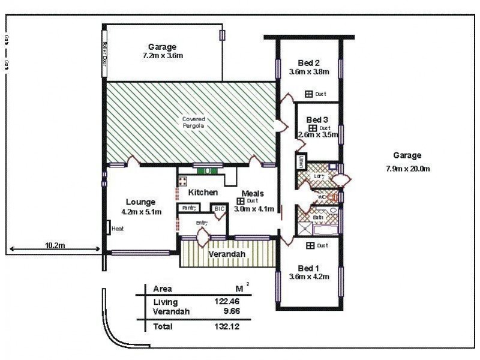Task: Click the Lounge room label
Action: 141,202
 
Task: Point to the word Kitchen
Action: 203,193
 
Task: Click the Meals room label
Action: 253,193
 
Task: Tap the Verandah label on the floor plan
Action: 226,254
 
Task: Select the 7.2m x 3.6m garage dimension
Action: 163,56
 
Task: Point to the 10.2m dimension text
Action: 55,245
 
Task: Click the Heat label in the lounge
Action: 118,228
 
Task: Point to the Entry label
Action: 202,223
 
